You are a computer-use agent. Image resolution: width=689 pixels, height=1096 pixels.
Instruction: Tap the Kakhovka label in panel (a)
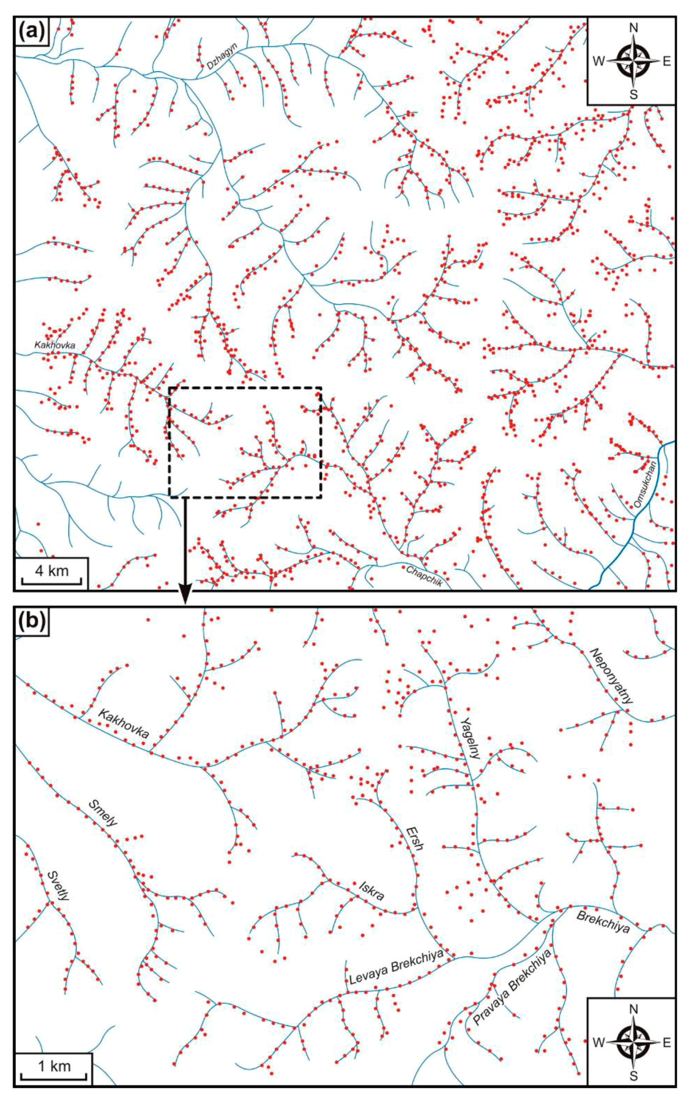(x=55, y=345)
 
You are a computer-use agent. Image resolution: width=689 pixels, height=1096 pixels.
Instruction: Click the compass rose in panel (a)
(x=632, y=60)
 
